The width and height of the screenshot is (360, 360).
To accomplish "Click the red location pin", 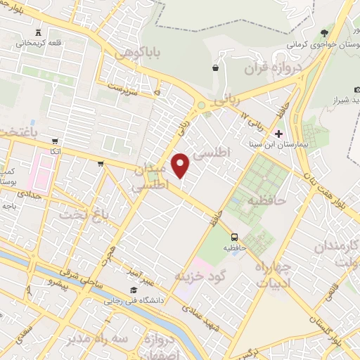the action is pos(181,165).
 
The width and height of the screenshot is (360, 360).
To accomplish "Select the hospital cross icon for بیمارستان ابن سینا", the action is pos(279,134).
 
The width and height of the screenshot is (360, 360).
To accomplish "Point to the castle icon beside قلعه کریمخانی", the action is pos(37,32).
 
